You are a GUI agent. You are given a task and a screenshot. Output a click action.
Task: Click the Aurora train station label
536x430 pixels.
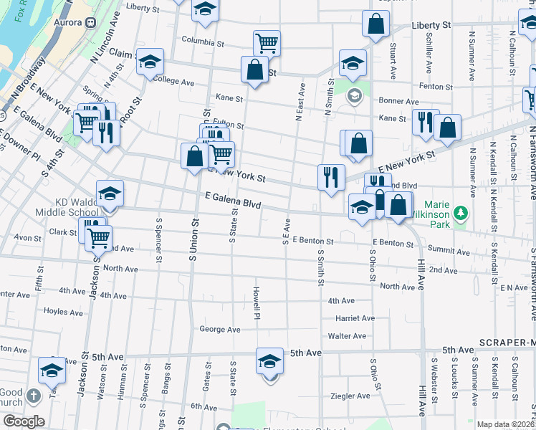(69, 22)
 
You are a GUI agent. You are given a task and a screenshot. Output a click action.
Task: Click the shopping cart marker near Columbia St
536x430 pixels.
(267, 43)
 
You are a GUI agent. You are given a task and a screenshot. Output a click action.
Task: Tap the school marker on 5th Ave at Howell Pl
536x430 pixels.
(269, 362)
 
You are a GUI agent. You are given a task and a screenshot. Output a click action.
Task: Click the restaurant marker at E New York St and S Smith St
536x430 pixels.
(331, 177)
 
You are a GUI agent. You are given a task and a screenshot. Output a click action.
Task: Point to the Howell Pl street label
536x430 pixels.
(256, 302)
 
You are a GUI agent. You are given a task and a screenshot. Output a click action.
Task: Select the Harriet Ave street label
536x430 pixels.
(355, 318)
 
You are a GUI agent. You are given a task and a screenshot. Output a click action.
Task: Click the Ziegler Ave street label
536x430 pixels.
(349, 396)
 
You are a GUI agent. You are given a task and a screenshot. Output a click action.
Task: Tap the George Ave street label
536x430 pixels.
(219, 330)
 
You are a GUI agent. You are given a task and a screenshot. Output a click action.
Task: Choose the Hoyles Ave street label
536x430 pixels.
(63, 312)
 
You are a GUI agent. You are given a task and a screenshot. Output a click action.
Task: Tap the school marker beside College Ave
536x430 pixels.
(150, 62)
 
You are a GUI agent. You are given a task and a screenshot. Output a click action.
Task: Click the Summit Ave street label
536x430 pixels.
(449, 252)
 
